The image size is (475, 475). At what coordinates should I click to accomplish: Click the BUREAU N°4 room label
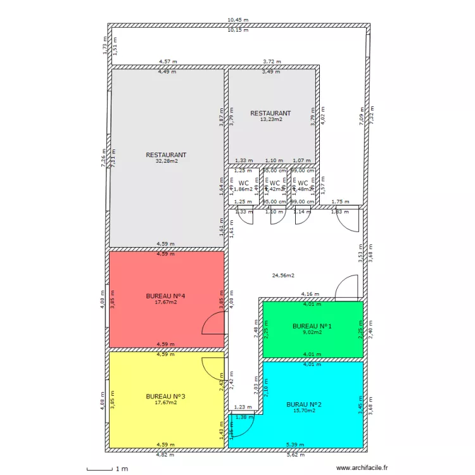165,296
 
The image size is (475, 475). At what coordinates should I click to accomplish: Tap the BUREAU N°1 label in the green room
312,326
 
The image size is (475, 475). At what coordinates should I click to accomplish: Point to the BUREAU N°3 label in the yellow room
165,396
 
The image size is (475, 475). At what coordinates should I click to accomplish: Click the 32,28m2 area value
167,161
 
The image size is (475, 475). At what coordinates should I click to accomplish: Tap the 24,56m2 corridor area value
283,275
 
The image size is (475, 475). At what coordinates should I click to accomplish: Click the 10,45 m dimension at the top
238,21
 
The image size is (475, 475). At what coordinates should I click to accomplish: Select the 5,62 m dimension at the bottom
295,455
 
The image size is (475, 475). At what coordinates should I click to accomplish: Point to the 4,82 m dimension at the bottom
166,455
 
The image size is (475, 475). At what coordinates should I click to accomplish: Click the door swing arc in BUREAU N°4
212,323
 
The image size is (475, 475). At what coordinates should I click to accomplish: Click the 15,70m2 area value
304,410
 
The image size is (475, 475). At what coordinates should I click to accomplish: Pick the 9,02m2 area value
312,332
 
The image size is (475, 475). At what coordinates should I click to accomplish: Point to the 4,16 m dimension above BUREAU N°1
310,294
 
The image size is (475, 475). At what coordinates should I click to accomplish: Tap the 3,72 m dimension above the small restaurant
272,62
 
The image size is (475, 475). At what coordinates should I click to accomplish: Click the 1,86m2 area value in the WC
243,189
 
